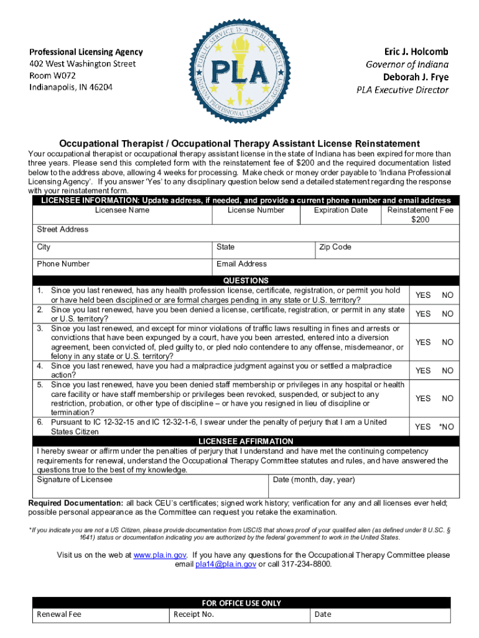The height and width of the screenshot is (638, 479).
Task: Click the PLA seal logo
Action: coord(240,69)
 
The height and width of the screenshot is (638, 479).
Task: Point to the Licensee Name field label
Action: coord(122,211)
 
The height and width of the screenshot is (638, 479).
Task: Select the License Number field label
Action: coord(256,211)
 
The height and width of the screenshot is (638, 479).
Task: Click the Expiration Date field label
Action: coord(340,211)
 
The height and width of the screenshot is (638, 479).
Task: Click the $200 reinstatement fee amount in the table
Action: coord(420,220)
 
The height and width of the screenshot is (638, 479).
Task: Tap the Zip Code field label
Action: coord(335,247)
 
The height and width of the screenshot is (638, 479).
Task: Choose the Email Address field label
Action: coord(241,264)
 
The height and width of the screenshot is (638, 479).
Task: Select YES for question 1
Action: coord(423,295)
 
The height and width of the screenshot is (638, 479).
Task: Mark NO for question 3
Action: coord(447,342)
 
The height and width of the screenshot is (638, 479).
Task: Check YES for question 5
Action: coord(423,399)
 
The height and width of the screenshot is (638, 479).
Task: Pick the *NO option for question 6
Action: coord(446,427)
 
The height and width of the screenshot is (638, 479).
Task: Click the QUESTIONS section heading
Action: coord(246,281)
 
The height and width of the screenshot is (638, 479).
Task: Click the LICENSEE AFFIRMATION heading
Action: coord(246,441)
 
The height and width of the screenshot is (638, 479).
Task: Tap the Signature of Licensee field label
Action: coord(75,480)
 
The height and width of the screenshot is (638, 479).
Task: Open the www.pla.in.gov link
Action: coord(160,555)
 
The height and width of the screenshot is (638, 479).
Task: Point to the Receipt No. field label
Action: coord(194,614)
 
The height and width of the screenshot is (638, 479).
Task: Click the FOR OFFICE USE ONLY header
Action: coord(241,603)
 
